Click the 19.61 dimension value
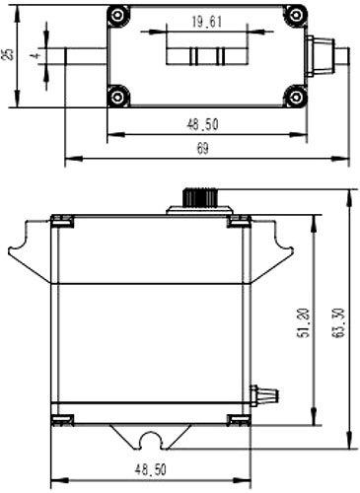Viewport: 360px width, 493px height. point(207,23)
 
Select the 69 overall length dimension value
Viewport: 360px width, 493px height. point(202,149)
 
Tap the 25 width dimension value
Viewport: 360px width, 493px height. point(9,54)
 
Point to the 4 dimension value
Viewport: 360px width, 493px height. point(36,55)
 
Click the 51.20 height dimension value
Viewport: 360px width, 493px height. point(303,322)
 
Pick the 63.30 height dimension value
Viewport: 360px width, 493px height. point(338,322)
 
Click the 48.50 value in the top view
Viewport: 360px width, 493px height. point(202,125)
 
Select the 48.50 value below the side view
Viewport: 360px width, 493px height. point(151,470)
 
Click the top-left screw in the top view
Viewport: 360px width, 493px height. point(117,15)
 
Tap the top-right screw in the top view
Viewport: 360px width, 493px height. point(295,15)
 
